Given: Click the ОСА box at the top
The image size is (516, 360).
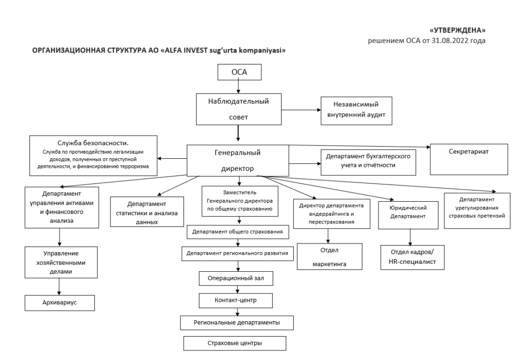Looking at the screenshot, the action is pyautogui.click(x=239, y=72).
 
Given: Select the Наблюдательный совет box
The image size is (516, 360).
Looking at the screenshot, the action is pyautogui.click(x=238, y=109).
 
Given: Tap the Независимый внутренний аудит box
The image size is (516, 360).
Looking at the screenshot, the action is pyautogui.click(x=356, y=110).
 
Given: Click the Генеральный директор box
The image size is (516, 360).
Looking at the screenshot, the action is pyautogui.click(x=238, y=160).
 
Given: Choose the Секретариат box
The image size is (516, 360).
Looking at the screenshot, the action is pyautogui.click(x=469, y=159).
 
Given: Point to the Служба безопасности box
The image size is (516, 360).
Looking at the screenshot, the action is pyautogui.click(x=93, y=155).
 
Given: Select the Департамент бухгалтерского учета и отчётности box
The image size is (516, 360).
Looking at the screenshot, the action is pyautogui.click(x=368, y=162).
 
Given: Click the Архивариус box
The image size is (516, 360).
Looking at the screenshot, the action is pyautogui.click(x=59, y=303).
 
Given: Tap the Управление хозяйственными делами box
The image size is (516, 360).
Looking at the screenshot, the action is pyautogui.click(x=61, y=262).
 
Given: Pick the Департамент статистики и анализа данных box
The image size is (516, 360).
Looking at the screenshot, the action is pyautogui.click(x=147, y=212).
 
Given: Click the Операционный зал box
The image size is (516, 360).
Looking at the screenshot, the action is pyautogui.click(x=236, y=278).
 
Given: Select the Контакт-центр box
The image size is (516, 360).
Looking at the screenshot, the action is pyautogui.click(x=236, y=301).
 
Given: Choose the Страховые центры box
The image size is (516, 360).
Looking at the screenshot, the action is pyautogui.click(x=235, y=343).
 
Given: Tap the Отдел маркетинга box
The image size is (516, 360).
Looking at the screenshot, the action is pyautogui.click(x=330, y=257).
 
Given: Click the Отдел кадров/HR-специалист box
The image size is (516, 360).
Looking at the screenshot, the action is pyautogui.click(x=412, y=257).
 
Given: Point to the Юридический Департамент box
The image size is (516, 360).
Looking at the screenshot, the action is pyautogui.click(x=408, y=215).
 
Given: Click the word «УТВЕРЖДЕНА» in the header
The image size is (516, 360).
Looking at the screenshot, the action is pyautogui.click(x=458, y=30).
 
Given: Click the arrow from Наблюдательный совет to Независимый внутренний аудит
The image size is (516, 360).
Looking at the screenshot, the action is pyautogui.click(x=301, y=110).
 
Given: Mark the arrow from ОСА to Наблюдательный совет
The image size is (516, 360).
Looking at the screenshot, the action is pyautogui.click(x=238, y=87).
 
